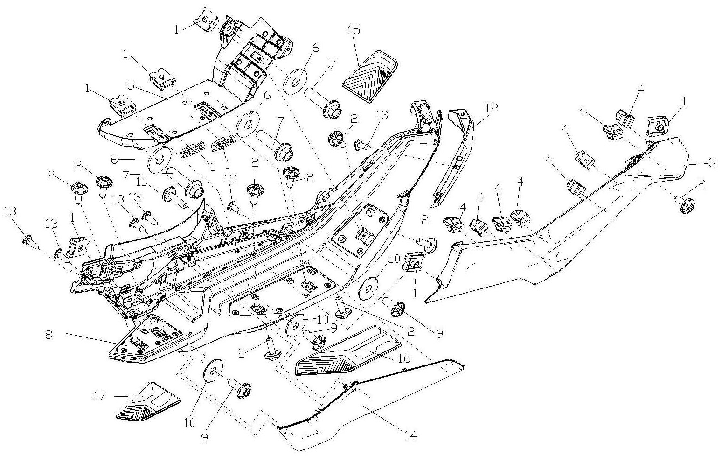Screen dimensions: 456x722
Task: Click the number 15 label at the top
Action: tap(354, 30)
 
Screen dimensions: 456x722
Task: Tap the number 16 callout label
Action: tap(404, 358)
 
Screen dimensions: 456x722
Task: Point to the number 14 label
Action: tap(410, 435)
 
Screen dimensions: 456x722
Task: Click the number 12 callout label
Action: tap(491, 108)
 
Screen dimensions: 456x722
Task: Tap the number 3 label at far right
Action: tap(712, 162)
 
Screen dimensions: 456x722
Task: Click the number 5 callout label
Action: tap(131, 86)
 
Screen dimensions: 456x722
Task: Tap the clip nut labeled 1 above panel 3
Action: tap(658, 126)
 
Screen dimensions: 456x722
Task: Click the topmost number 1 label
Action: tap(177, 30)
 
